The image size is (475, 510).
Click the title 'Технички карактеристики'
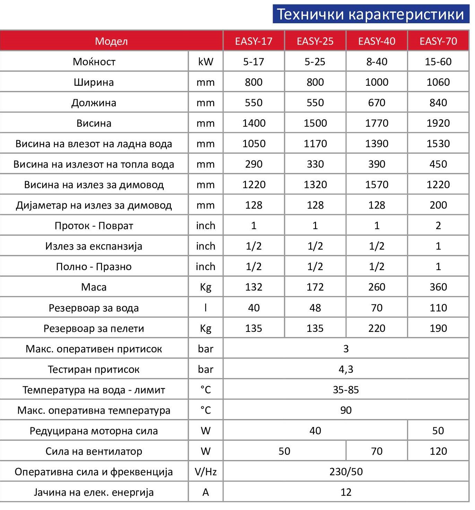click(x=370, y=14)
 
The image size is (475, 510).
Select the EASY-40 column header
click(x=376, y=41)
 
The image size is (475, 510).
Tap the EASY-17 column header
click(x=254, y=41)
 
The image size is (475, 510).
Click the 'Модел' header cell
click(x=111, y=41)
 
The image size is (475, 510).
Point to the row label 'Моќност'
click(x=94, y=62)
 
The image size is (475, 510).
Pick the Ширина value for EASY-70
click(x=438, y=82)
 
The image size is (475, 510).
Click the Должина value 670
click(x=376, y=103)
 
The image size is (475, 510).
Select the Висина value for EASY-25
click(x=315, y=123)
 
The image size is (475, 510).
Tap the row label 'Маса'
click(x=94, y=287)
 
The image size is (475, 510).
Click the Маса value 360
click(x=438, y=287)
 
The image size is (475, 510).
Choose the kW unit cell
click(x=205, y=62)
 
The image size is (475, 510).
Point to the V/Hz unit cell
click(x=205, y=472)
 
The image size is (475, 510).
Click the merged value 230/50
click(x=346, y=472)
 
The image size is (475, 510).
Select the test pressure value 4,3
click(x=346, y=369)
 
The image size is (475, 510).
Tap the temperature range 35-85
click(x=346, y=390)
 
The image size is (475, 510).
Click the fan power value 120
click(x=438, y=451)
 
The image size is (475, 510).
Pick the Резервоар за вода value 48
click(x=315, y=308)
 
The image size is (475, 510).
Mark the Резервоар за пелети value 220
click(x=376, y=328)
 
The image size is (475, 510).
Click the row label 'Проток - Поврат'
click(x=94, y=226)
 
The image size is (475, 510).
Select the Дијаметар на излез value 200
click(x=438, y=205)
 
